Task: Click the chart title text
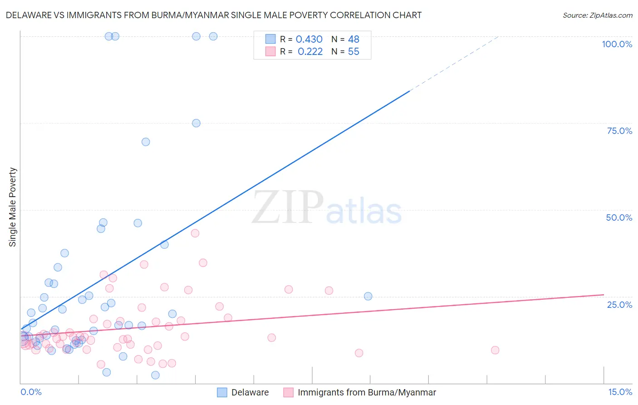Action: pyautogui.click(x=213, y=15)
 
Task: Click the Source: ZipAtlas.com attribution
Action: pyautogui.click(x=597, y=15)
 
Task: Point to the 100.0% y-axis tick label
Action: pyautogui.click(x=617, y=44)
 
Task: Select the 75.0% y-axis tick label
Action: pyautogui.click(x=619, y=131)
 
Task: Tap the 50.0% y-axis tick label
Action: pyautogui.click(x=619, y=217)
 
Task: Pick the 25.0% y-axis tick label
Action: pyautogui.click(x=619, y=305)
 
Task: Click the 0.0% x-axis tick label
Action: pyautogui.click(x=31, y=392)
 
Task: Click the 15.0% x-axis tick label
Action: pyautogui.click(x=620, y=392)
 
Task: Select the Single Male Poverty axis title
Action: pyautogui.click(x=13, y=207)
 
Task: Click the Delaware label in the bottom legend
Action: pyautogui.click(x=250, y=392)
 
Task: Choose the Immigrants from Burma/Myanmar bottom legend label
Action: pyautogui.click(x=367, y=392)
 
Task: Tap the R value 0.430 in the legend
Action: pyautogui.click(x=309, y=40)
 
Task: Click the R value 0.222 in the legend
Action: pyautogui.click(x=310, y=52)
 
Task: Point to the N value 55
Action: pyautogui.click(x=353, y=52)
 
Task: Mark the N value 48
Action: pyautogui.click(x=353, y=40)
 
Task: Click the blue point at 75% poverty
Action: pyautogui.click(x=196, y=123)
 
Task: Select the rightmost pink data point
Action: pyautogui.click(x=495, y=350)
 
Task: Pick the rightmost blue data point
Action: pyautogui.click(x=368, y=296)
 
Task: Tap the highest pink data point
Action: pyautogui.click(x=195, y=233)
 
